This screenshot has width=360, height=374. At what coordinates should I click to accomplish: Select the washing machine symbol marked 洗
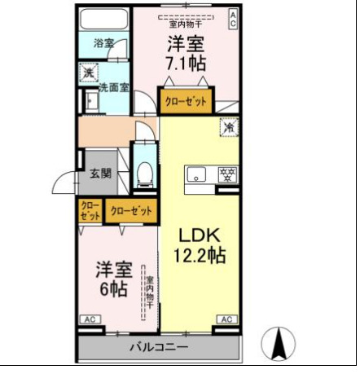(x=88, y=73)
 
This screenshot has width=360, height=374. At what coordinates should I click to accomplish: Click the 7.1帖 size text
(x=187, y=63)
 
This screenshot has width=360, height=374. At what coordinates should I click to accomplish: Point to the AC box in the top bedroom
(x=233, y=19)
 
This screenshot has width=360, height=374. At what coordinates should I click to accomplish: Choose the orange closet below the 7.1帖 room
(x=185, y=102)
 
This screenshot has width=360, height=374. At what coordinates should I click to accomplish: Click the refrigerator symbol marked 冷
(x=229, y=127)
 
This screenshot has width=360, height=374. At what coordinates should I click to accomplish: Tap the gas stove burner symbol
(x=229, y=174)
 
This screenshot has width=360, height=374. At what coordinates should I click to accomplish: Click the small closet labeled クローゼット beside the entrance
(x=90, y=211)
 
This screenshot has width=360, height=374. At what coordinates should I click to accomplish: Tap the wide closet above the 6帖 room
(x=130, y=211)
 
